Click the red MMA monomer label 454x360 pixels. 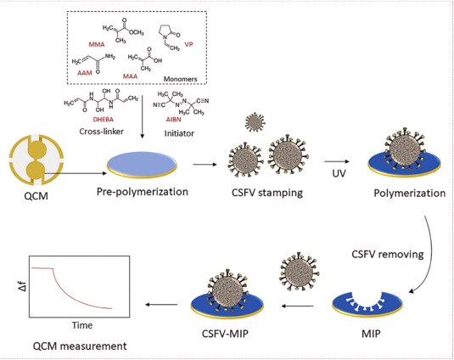(97, 44)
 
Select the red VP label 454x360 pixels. (188, 44)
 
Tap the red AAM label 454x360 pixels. (85, 73)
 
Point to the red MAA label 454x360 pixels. (130, 76)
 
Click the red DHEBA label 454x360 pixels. (103, 120)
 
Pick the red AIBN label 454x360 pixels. (173, 120)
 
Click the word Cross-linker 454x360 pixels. (101, 132)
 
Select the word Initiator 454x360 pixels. (179, 133)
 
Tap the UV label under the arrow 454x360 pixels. (339, 173)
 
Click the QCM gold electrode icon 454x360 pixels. (36, 160)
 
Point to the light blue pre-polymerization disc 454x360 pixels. (142, 164)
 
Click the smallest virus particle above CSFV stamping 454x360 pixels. (255, 122)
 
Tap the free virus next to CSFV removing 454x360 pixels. (299, 272)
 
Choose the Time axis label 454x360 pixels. (82, 325)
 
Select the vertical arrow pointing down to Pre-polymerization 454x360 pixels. (142, 116)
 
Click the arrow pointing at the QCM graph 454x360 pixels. (161, 305)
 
